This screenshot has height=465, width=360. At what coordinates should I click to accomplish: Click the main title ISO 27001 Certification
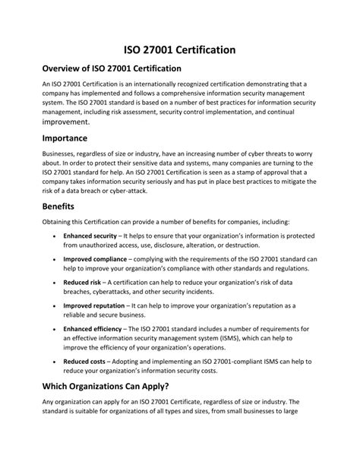[x=180, y=49]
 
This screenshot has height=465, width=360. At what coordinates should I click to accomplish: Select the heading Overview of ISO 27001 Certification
[x=112, y=69]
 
